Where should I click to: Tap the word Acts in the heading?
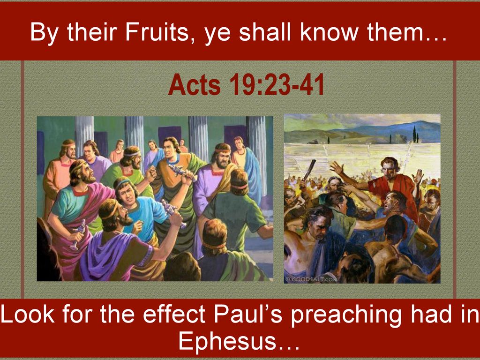click(194, 84)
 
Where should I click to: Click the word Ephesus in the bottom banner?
click(227, 341)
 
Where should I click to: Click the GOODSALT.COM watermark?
click(311, 279)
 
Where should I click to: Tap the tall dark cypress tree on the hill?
click(414, 134)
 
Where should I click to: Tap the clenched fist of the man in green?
click(151, 173)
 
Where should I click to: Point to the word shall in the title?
click(265, 32)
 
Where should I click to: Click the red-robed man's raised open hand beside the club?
click(337, 167)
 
